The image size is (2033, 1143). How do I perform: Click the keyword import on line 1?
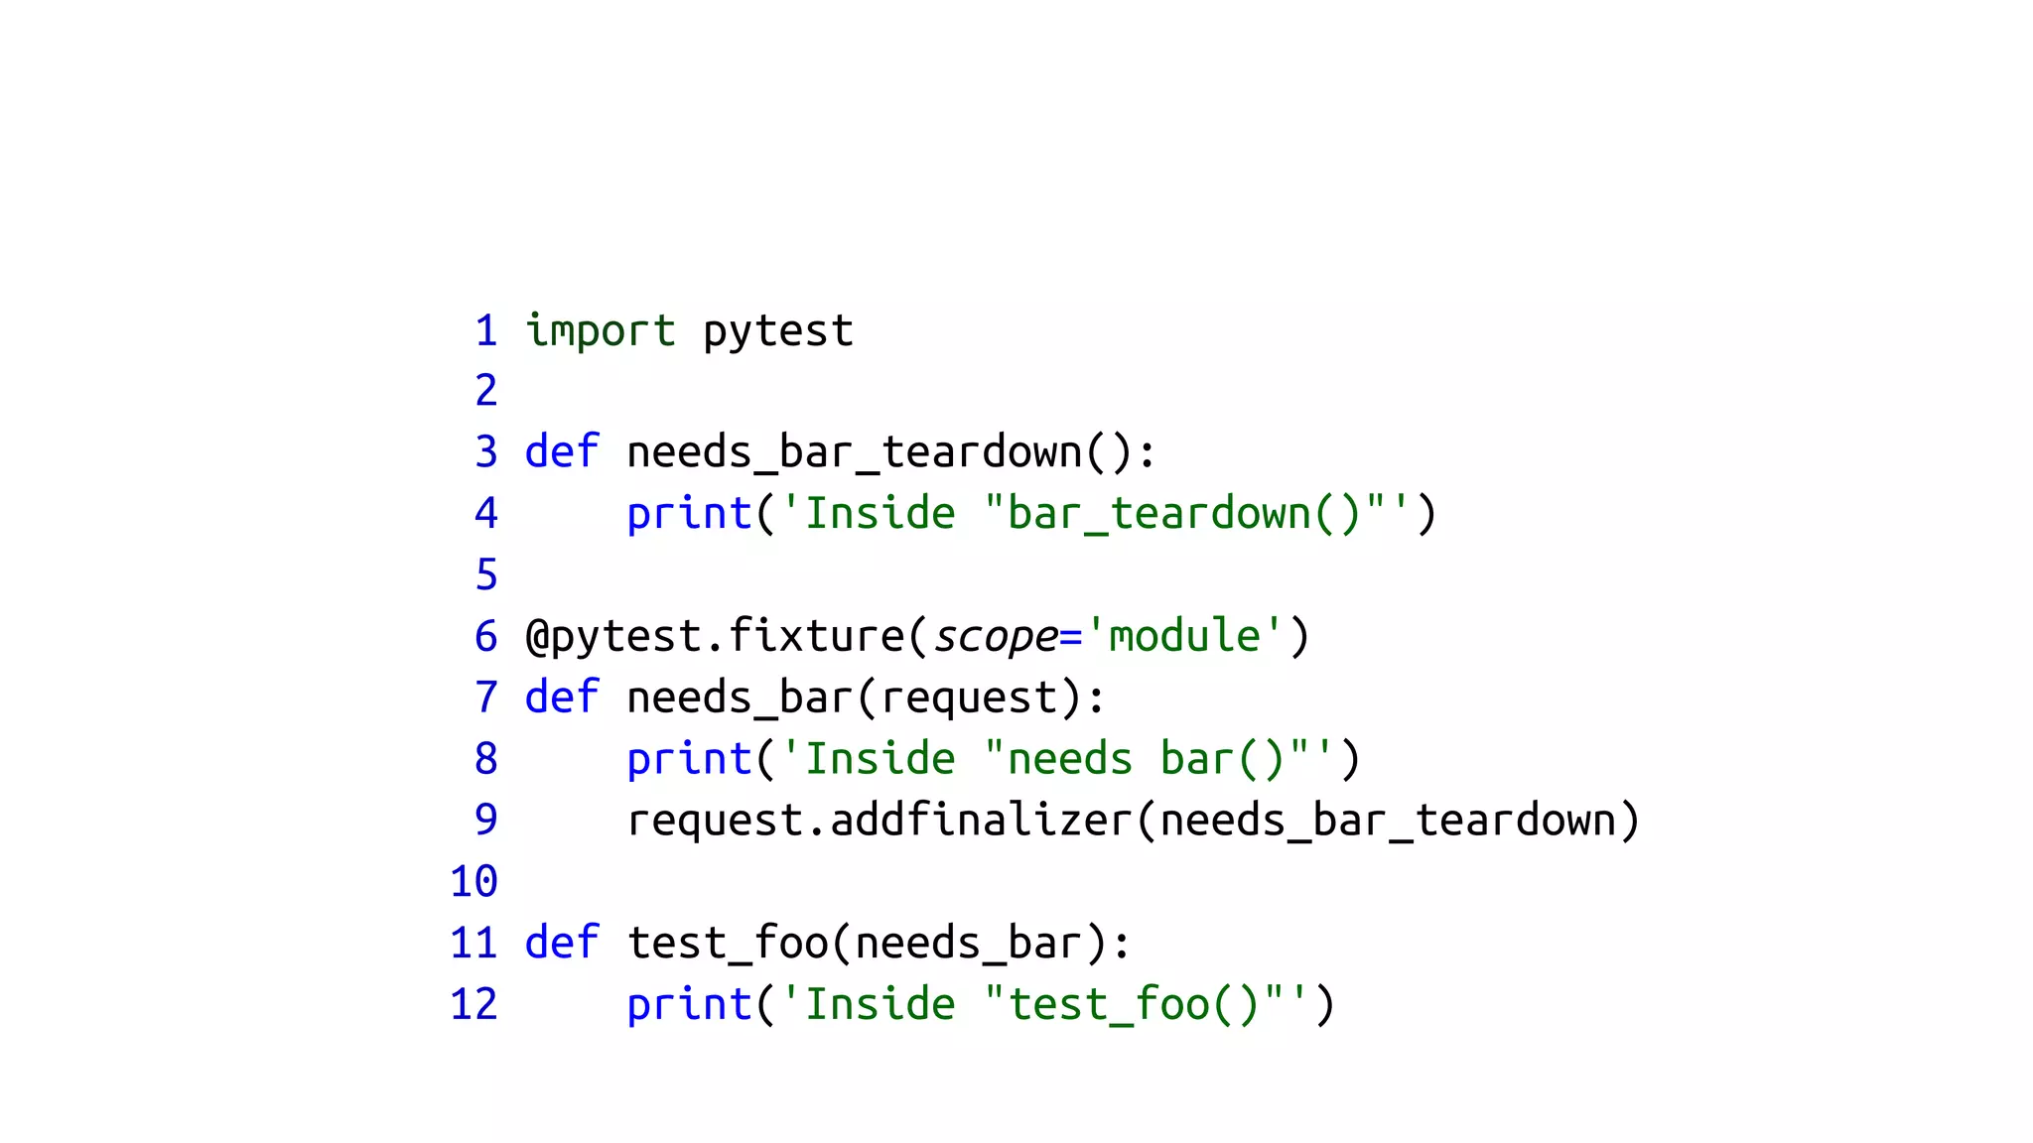[600, 331]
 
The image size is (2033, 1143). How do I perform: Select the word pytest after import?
[777, 331]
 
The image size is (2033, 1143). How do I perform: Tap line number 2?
[485, 391]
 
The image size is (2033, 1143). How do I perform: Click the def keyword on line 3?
[561, 452]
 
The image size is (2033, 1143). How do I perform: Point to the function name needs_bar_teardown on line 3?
[855, 452]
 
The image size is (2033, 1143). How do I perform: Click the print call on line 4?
[688, 514]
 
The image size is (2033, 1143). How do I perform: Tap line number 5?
[485, 575]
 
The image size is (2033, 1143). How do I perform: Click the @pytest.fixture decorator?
[715, 636]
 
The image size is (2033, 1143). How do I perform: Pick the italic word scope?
[996, 636]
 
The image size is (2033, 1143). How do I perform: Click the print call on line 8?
[688, 759]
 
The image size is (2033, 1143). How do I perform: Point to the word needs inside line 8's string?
[1069, 759]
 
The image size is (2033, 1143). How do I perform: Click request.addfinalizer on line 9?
[879, 821]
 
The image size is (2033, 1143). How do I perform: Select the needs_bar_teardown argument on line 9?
[1388, 821]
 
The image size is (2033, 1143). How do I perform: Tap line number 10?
[474, 882]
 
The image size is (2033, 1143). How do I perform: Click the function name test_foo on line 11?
[728, 943]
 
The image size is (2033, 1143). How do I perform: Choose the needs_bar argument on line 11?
[968, 943]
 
